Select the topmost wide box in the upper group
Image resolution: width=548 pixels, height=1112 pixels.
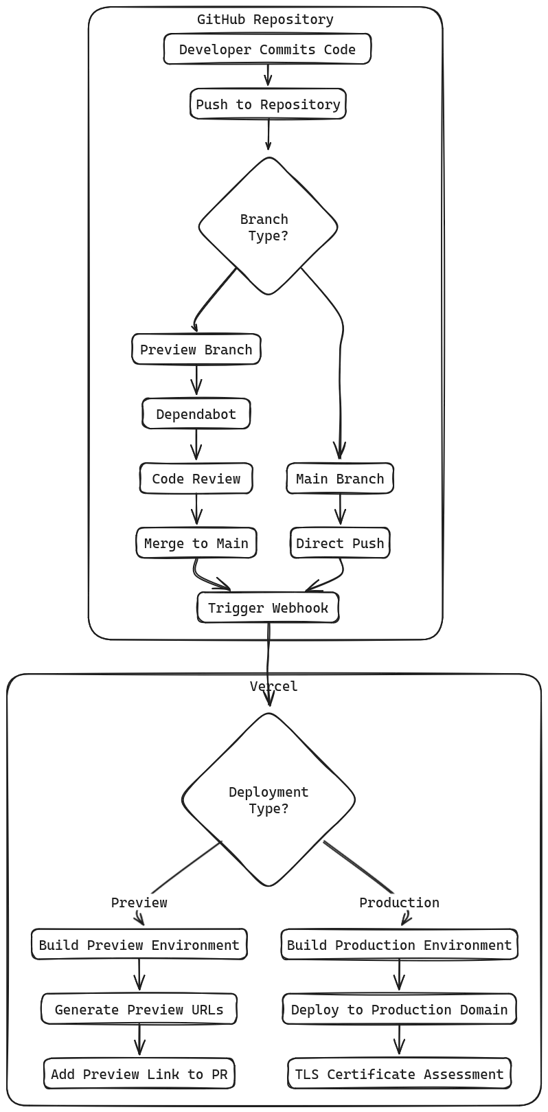click(x=266, y=50)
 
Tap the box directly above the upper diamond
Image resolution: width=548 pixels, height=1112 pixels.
click(x=269, y=102)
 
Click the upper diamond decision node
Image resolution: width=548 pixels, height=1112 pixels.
click(x=269, y=225)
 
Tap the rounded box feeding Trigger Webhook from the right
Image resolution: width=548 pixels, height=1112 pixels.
click(x=341, y=543)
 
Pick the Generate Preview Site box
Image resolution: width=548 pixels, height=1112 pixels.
click(x=140, y=1010)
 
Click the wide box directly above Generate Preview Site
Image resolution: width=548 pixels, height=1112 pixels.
click(x=140, y=944)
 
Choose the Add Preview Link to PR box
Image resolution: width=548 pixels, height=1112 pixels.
click(x=140, y=1075)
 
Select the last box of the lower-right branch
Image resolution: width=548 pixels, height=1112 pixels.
click(x=400, y=1075)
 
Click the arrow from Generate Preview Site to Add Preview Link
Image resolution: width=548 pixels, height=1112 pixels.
click(x=140, y=1043)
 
